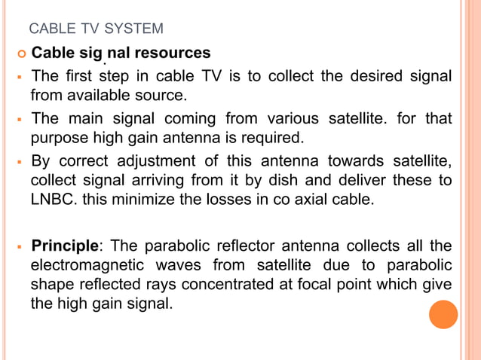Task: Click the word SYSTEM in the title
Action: coord(137,29)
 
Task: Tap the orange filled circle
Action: coord(443,314)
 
